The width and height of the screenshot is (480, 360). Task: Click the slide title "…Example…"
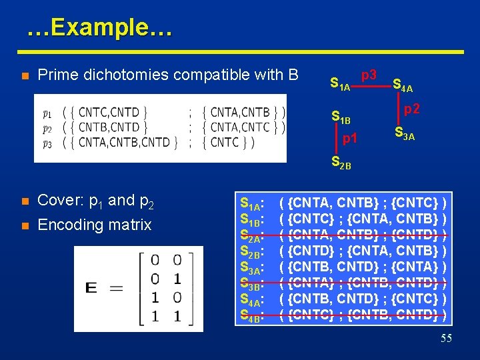(x=99, y=28)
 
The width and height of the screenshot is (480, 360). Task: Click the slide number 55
(x=446, y=339)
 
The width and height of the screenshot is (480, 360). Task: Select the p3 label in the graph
(x=369, y=75)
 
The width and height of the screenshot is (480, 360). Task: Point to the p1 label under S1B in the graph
(x=350, y=139)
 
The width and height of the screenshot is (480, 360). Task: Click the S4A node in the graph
(x=402, y=85)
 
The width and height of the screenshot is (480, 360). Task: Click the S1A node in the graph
(x=340, y=85)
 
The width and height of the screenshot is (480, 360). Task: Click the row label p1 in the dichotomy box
(x=47, y=113)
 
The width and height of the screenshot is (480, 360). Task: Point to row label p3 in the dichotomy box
(x=47, y=143)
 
